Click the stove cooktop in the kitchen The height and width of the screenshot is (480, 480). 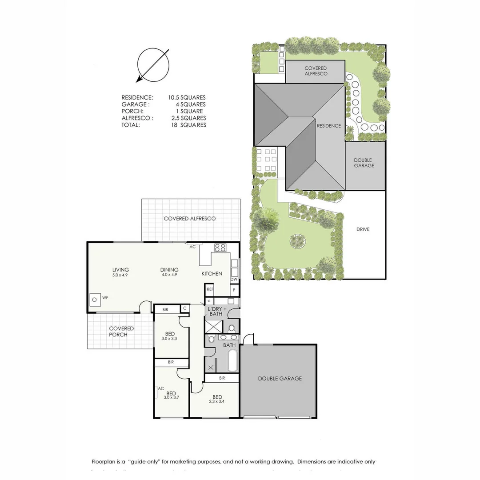[220, 248]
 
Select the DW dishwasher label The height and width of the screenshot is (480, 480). [234, 280]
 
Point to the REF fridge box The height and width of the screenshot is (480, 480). [210, 289]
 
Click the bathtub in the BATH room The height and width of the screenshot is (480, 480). [232, 361]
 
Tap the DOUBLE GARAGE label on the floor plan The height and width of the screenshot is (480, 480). [280, 379]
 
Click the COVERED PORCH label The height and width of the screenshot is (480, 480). [121, 332]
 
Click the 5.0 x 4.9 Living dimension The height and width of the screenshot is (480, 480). [120, 275]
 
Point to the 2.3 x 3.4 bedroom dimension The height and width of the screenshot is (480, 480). [217, 402]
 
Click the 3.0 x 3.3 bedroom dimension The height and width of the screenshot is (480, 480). [170, 339]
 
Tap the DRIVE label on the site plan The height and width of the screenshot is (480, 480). [363, 229]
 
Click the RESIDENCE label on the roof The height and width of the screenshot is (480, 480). [329, 126]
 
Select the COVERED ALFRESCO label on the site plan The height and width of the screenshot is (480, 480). [316, 71]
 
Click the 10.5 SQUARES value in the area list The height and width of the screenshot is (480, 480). [187, 97]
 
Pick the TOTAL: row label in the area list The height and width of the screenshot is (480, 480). [130, 125]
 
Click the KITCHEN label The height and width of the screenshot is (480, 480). [212, 273]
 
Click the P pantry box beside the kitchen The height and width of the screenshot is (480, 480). [234, 290]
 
